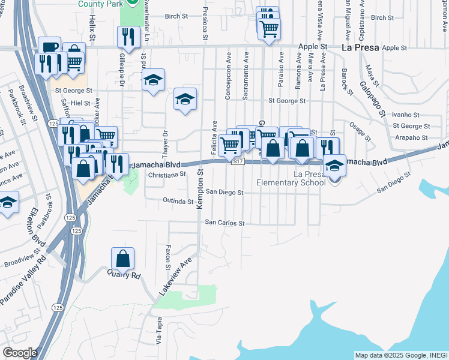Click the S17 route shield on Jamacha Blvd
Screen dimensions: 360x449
click(238, 161)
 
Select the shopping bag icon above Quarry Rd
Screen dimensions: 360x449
click(122, 259)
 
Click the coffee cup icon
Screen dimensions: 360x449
click(49, 47)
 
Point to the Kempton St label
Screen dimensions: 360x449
click(200, 189)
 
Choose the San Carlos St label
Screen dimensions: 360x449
click(225, 223)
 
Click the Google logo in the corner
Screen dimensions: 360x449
click(19, 353)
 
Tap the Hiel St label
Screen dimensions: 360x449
click(80, 103)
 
